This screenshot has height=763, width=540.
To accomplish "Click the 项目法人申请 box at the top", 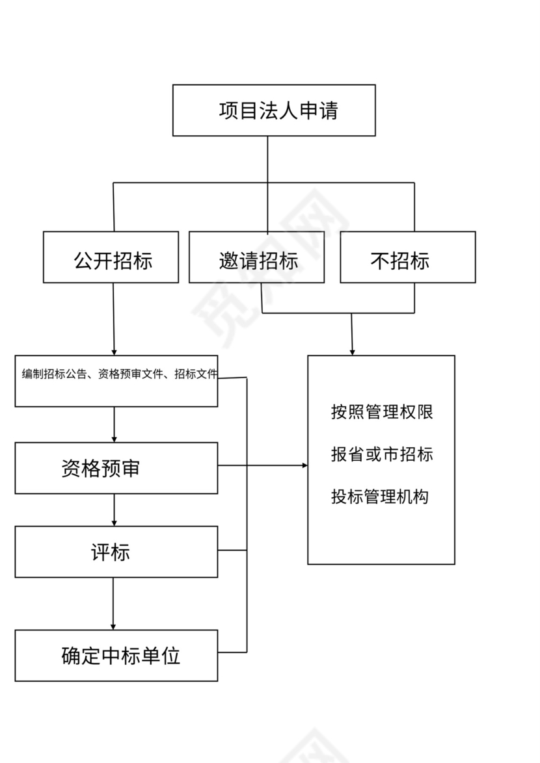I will click(x=274, y=110).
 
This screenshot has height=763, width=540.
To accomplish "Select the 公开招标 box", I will click(x=111, y=258).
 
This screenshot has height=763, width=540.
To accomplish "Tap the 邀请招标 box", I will click(x=256, y=258).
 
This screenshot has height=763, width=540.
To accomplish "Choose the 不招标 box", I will click(x=408, y=258).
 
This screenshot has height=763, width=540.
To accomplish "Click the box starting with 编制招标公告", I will click(x=116, y=381).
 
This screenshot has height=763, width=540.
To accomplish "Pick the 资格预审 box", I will click(x=116, y=469).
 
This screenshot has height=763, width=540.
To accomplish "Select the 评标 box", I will click(x=116, y=552).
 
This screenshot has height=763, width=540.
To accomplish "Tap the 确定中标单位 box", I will click(x=116, y=656).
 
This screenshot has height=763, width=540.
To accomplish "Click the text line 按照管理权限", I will click(x=382, y=412).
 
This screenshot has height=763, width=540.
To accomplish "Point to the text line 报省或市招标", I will click(x=382, y=454).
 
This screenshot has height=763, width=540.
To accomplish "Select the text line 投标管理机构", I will click(x=380, y=497).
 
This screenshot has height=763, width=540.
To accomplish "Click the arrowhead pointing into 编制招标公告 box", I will click(x=115, y=352).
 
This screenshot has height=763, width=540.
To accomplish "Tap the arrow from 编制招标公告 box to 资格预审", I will click(x=115, y=425).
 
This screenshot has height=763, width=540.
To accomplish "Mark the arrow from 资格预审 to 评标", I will click(x=115, y=510).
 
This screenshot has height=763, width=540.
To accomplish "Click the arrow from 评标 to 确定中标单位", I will click(x=113, y=604).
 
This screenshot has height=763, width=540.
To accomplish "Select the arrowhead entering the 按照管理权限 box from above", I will click(x=353, y=352).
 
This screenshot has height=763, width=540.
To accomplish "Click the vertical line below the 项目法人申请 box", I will click(x=267, y=159).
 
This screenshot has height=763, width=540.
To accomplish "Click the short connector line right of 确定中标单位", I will click(x=232, y=652).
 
